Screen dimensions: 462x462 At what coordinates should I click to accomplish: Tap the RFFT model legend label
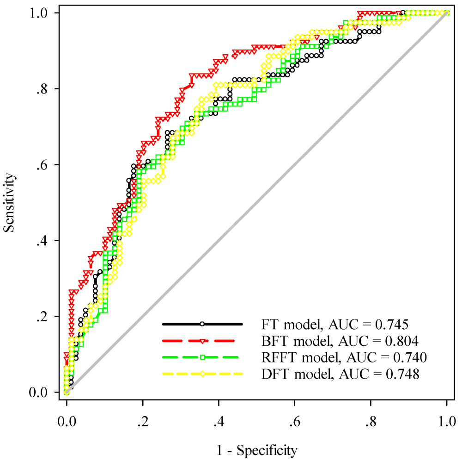pyautogui.click(x=342, y=358)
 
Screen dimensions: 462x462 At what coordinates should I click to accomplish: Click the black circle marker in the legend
pyautogui.click(x=202, y=324)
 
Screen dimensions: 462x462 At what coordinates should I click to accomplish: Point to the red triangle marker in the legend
pyautogui.click(x=202, y=341)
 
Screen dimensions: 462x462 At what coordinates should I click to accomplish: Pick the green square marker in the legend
pyautogui.click(x=202, y=357)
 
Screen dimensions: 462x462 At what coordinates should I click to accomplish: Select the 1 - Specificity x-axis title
pyautogui.click(x=256, y=449)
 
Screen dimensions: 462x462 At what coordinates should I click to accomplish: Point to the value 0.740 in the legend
pyautogui.click(x=410, y=358)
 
